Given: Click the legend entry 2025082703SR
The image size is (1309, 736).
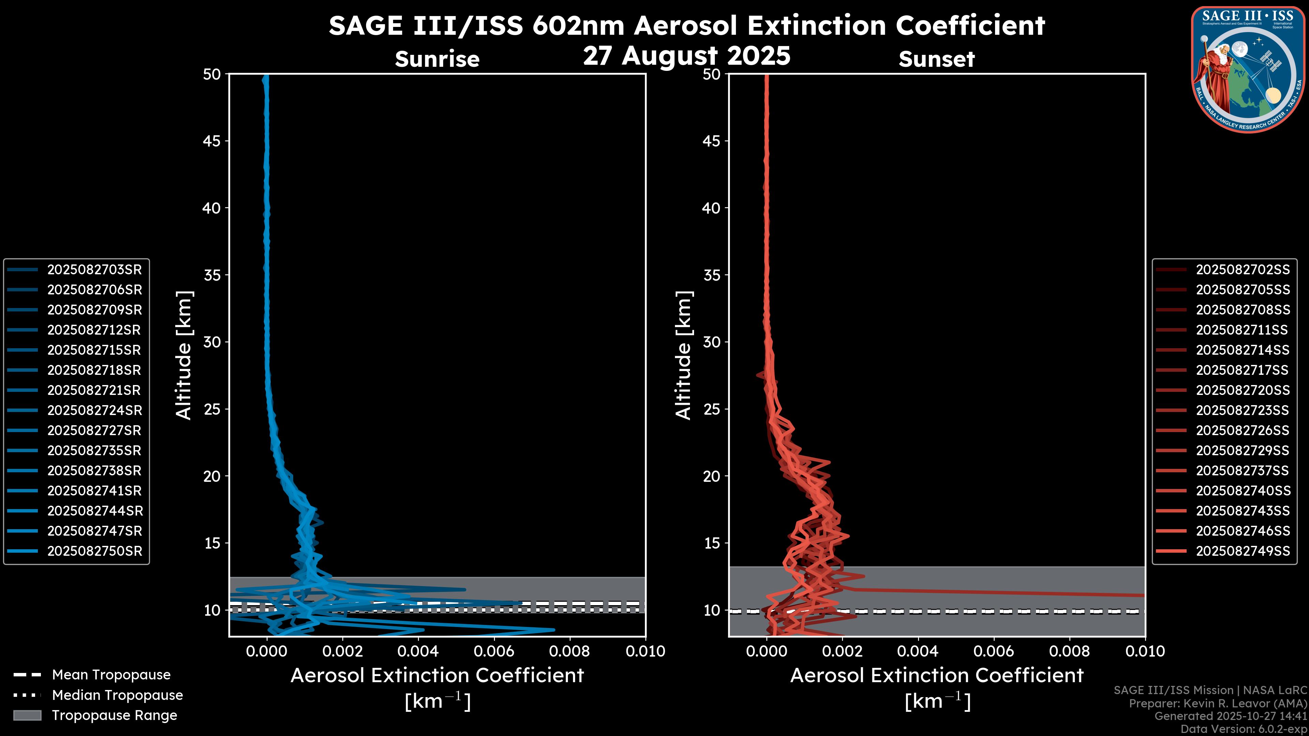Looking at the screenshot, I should click(x=94, y=270).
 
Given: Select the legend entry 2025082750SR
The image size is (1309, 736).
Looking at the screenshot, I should click(x=94, y=551).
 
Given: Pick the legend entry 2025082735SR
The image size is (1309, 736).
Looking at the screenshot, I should click(x=94, y=450).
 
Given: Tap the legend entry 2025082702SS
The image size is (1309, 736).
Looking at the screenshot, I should click(x=1243, y=270).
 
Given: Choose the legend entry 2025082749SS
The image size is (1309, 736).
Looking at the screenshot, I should click(x=1243, y=551).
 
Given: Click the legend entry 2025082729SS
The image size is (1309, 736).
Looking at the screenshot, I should click(x=1243, y=450).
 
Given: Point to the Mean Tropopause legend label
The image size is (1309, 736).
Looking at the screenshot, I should click(x=111, y=675).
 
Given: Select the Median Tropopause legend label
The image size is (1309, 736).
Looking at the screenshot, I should click(x=117, y=695).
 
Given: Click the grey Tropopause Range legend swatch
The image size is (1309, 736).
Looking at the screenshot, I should click(x=27, y=716).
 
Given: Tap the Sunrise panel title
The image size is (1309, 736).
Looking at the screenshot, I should click(x=437, y=59).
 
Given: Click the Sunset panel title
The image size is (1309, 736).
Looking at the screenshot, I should click(x=936, y=59).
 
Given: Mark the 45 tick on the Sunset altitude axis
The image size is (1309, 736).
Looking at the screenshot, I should click(x=711, y=141).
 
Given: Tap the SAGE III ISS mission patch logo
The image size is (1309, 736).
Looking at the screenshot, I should click(x=1248, y=69).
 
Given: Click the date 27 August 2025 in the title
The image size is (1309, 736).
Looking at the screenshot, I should click(x=687, y=56).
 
